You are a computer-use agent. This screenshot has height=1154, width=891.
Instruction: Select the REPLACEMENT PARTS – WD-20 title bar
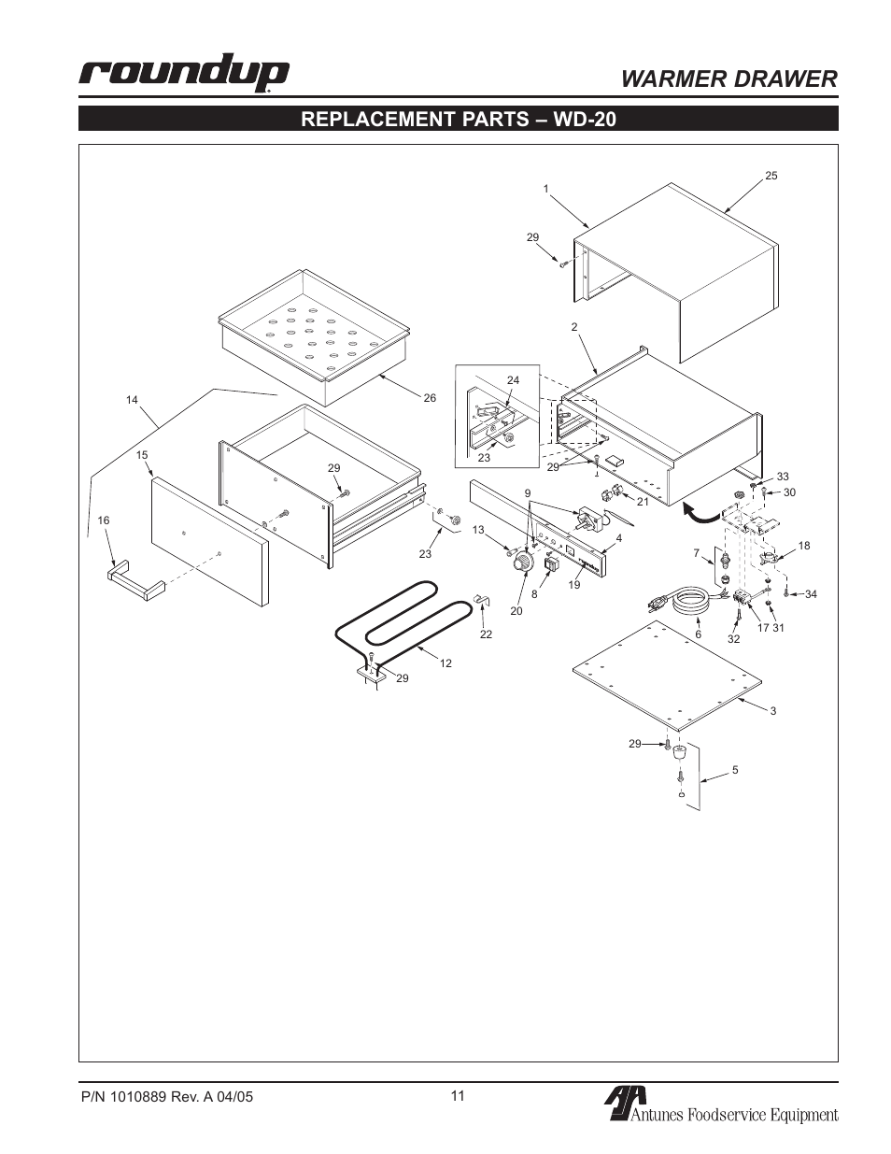pos(458,120)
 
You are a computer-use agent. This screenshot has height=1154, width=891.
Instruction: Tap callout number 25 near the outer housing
pos(771,176)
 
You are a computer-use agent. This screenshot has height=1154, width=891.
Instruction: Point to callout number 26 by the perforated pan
pos(430,398)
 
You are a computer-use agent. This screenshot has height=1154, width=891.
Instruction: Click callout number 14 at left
pos(132,400)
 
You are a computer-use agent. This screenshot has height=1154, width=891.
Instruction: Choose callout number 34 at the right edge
pos(811,594)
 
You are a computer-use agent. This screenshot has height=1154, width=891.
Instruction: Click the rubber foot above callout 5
pos(680,751)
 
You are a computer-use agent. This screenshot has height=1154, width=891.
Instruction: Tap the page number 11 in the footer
pos(457,1096)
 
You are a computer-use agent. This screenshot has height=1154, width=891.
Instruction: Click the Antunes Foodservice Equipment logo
pos(719,1106)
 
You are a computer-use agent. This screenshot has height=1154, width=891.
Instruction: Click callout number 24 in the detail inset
pos(513,380)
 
